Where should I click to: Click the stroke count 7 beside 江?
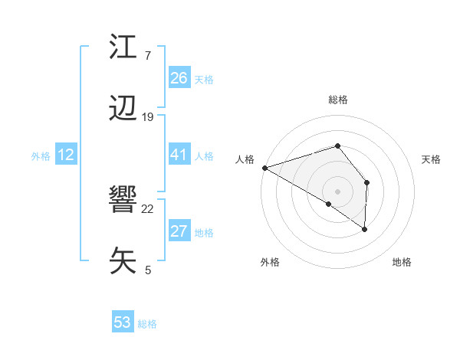(147, 56)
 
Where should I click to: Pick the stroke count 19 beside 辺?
(148, 117)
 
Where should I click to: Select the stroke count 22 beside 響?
(148, 208)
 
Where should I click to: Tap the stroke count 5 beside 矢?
(147, 270)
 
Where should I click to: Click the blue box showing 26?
(179, 78)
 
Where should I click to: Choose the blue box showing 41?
(179, 155)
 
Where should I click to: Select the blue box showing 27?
(179, 231)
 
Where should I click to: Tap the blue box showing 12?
(65, 155)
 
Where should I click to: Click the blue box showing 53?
(122, 322)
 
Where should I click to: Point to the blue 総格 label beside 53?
(147, 324)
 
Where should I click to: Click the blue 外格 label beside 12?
(41, 156)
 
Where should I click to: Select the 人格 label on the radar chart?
(245, 159)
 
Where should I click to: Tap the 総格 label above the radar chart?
(337, 100)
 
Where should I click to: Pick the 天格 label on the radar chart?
(431, 159)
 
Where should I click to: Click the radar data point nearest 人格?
(264, 168)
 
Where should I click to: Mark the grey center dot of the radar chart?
(337, 191)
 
